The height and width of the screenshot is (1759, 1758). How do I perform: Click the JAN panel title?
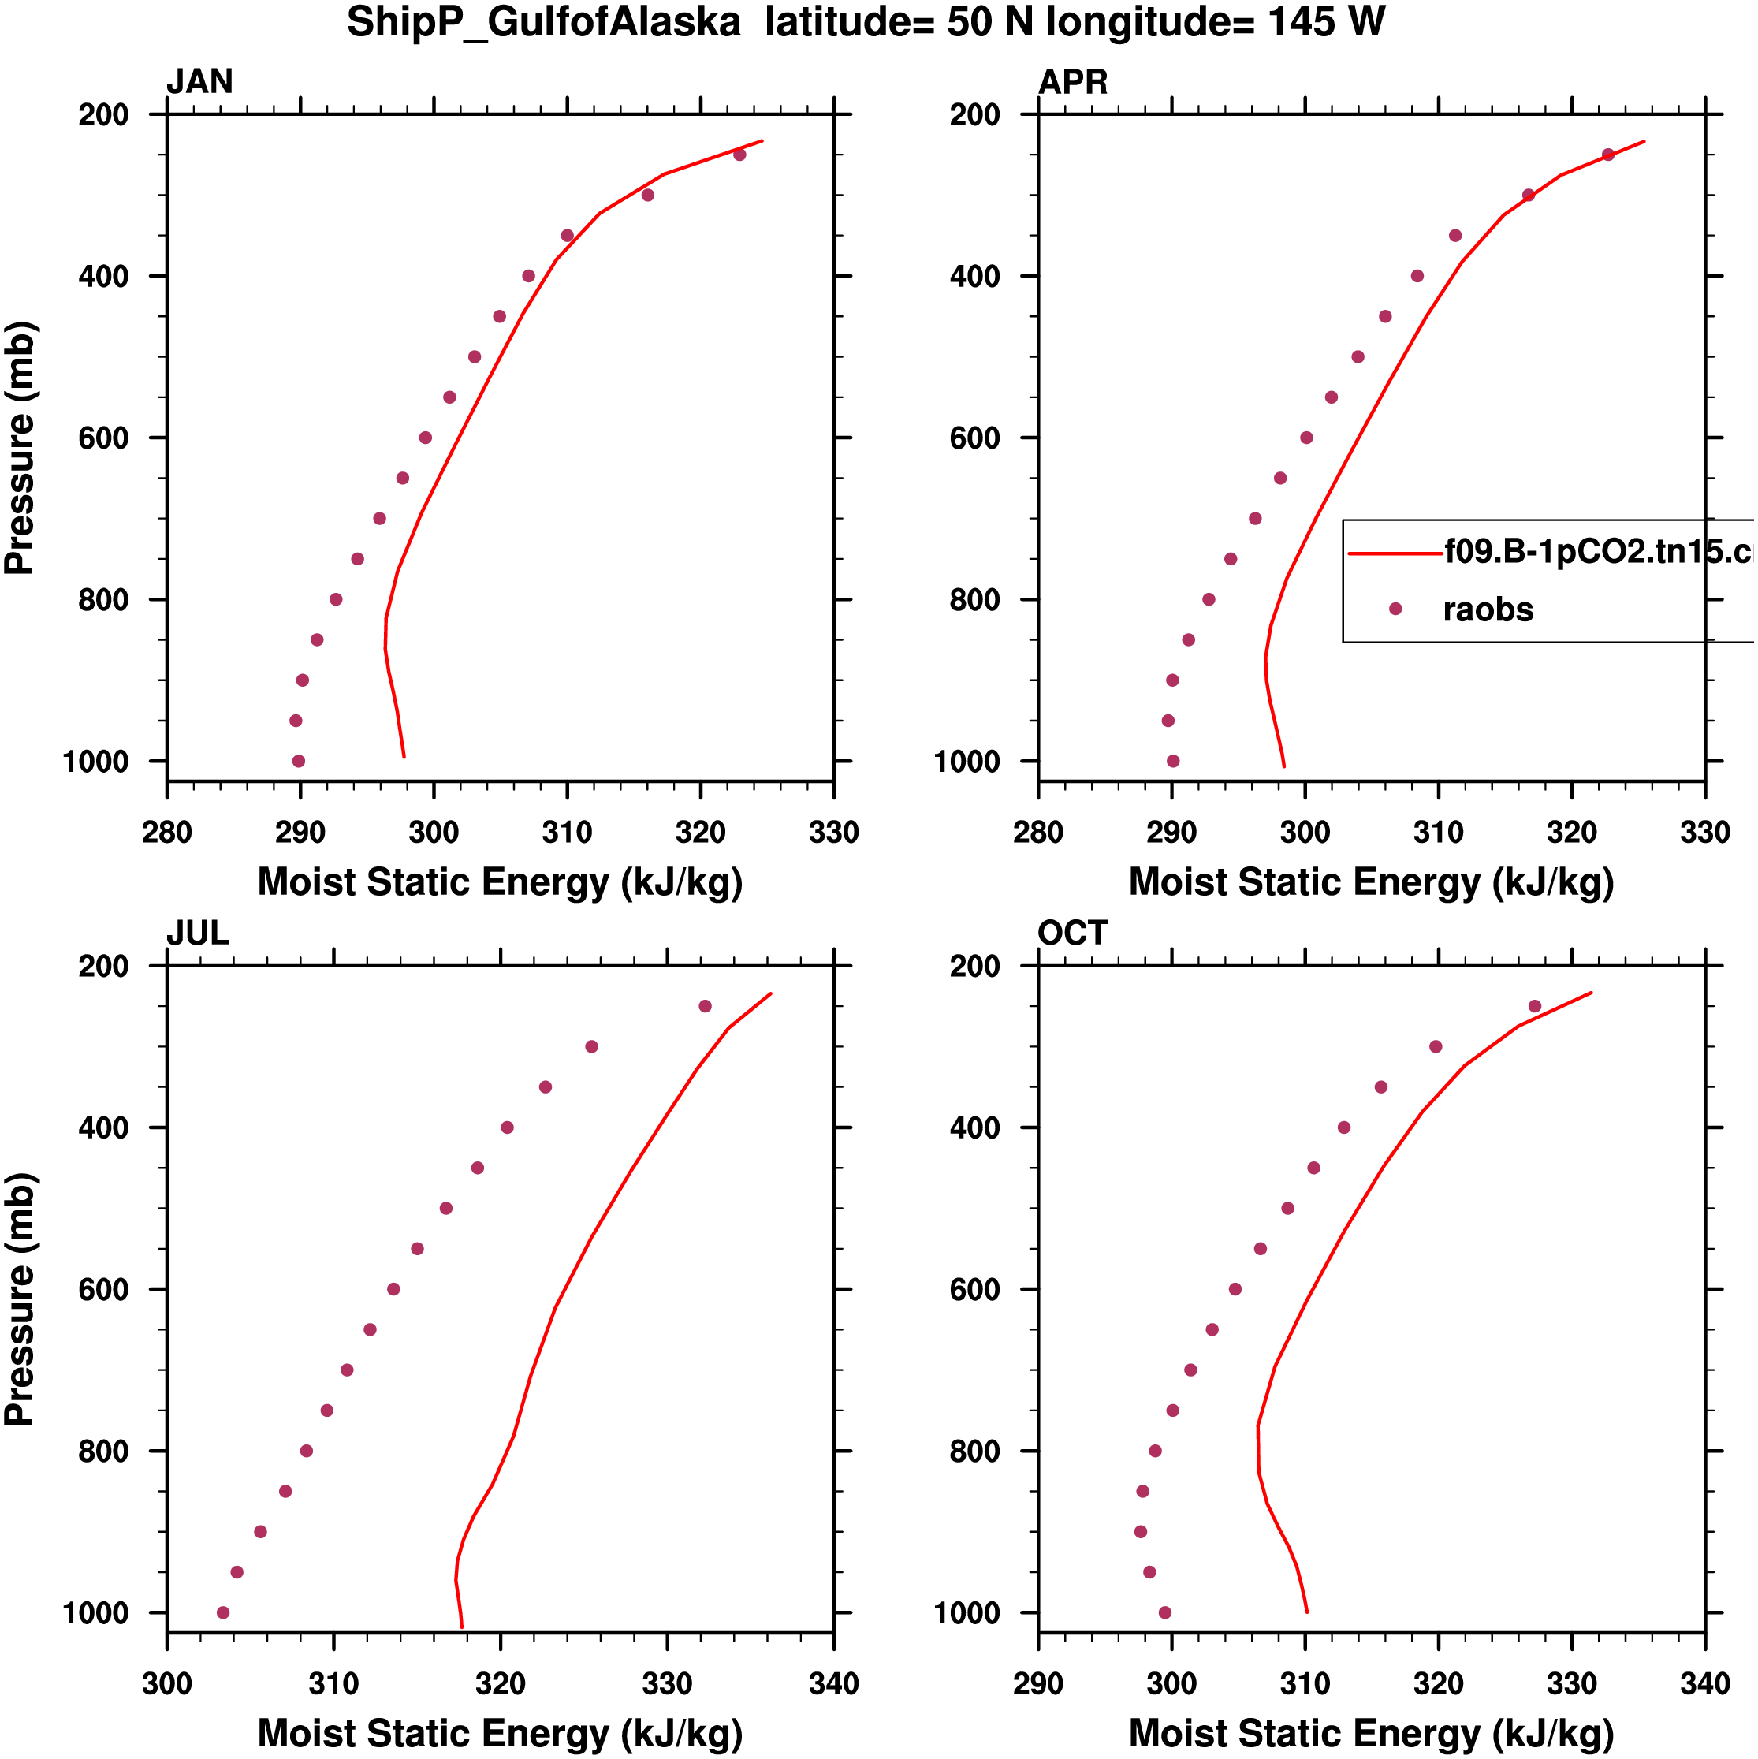click(199, 82)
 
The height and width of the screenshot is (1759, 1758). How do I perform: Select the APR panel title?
click(1072, 82)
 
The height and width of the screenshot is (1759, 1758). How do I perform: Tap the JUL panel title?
click(196, 934)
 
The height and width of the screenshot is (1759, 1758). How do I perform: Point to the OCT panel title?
click(1071, 934)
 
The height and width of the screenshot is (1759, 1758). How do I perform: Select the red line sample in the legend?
click(1395, 553)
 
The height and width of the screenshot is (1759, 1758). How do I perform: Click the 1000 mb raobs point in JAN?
click(299, 761)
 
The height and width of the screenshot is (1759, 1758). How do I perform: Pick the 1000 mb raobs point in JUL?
click(223, 1612)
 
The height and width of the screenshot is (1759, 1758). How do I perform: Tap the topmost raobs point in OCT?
click(1535, 1006)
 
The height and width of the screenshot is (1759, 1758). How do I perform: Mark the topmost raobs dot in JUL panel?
click(706, 1006)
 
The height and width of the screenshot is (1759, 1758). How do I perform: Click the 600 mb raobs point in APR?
click(1306, 438)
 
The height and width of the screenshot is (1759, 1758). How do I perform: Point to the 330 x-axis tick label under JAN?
click(833, 832)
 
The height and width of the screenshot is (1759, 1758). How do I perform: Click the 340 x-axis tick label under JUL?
click(833, 1683)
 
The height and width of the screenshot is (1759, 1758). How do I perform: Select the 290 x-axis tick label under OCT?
click(1038, 1683)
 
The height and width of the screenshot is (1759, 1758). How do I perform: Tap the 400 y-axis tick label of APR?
click(974, 277)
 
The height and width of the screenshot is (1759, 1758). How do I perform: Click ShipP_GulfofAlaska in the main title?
click(543, 22)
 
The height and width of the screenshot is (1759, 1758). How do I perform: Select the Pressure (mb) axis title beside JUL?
click(20, 1299)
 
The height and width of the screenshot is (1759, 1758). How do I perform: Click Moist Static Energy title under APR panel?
click(1371, 882)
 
